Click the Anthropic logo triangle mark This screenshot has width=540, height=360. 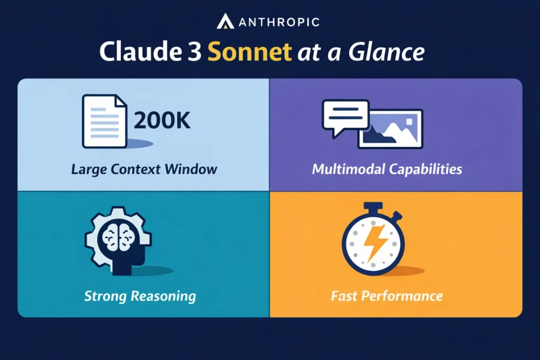[225, 21]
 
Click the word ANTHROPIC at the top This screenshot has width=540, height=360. [279, 23]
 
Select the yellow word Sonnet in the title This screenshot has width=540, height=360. [249, 52]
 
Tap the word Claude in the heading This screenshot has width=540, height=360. [141, 52]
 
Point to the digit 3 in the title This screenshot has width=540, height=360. [195, 52]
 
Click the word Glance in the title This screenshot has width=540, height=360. [387, 52]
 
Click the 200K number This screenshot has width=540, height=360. [162, 121]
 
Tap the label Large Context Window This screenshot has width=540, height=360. [144, 169]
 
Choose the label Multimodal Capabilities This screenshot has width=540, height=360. [387, 169]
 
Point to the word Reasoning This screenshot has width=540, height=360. [163, 297]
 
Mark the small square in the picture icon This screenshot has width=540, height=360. [409, 122]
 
